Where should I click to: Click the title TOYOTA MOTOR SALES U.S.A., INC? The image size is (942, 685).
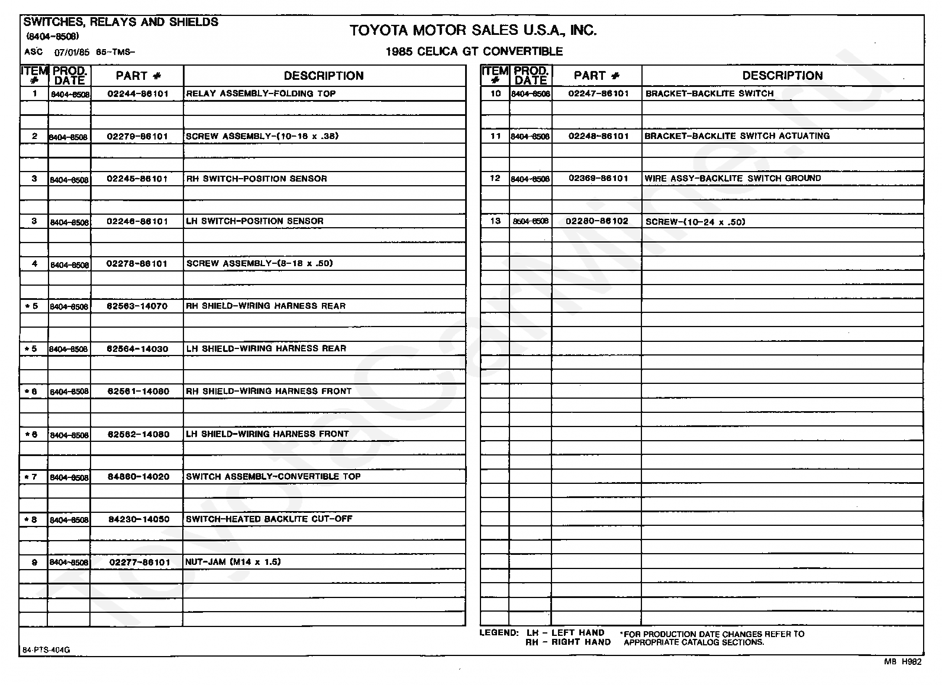473,31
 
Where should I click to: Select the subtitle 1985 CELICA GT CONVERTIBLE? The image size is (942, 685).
474,51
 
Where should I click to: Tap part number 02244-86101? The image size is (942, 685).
137,94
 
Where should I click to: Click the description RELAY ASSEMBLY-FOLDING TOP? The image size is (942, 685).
261,93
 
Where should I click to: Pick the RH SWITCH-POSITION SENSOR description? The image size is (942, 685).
256,179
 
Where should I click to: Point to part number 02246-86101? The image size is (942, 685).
137,221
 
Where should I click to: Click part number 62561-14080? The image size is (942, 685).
138,392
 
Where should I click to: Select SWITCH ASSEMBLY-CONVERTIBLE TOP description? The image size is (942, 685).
273,476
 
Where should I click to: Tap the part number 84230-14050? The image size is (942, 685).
138,519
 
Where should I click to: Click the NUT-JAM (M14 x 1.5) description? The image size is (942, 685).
233,562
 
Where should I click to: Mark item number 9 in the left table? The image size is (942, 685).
34,563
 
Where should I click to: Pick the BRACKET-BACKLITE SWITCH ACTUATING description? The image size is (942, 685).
737,136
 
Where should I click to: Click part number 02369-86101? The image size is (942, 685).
598,178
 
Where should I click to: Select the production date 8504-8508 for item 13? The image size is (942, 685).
531,221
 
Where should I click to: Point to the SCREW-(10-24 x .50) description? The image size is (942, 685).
695,222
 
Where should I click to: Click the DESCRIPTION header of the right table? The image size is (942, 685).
782,76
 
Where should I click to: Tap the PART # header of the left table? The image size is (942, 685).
138,76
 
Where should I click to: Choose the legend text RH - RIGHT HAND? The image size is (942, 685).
568,642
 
